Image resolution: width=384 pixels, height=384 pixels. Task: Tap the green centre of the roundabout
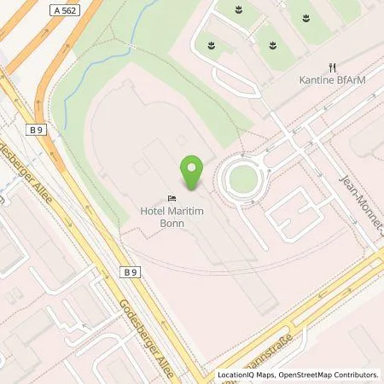(243, 179)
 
